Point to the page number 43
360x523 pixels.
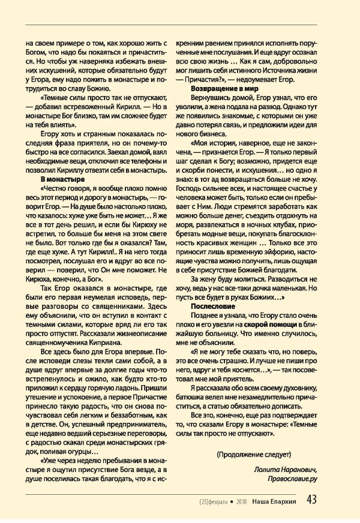click(x=311, y=500)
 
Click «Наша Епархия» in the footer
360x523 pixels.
click(x=281, y=501)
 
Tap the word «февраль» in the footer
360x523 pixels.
click(x=222, y=501)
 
